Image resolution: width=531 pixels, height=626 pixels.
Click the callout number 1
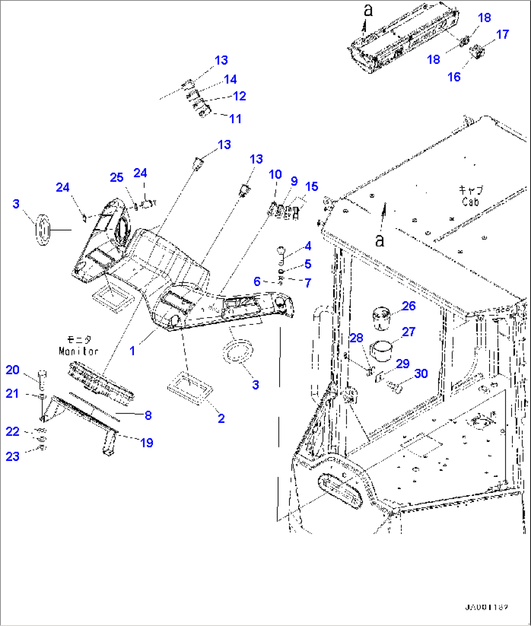coord(133,350)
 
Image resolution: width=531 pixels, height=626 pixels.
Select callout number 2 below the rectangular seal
coord(221,418)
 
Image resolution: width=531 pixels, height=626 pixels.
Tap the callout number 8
coord(148,415)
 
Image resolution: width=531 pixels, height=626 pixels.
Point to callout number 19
coord(147,442)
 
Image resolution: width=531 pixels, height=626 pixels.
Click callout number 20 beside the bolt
coord(13,370)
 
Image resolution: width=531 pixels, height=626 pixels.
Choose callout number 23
coord(13,456)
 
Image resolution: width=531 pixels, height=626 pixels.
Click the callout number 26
coord(408,306)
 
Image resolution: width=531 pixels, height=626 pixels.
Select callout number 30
coord(420,374)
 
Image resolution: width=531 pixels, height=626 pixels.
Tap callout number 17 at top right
coord(502,35)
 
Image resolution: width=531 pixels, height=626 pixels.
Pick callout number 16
coord(454,76)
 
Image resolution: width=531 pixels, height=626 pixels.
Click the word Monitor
coord(78,351)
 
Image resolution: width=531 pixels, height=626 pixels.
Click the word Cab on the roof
coord(470,202)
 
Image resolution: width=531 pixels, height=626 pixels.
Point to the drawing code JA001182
coord(487,607)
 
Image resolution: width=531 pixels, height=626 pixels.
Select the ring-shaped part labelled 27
coord(383,351)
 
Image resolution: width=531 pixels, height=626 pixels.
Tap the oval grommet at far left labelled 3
coord(42,229)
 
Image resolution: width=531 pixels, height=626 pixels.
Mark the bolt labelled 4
coord(282,253)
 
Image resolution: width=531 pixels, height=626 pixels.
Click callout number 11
coord(235,119)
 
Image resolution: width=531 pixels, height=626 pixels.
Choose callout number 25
coord(116,177)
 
